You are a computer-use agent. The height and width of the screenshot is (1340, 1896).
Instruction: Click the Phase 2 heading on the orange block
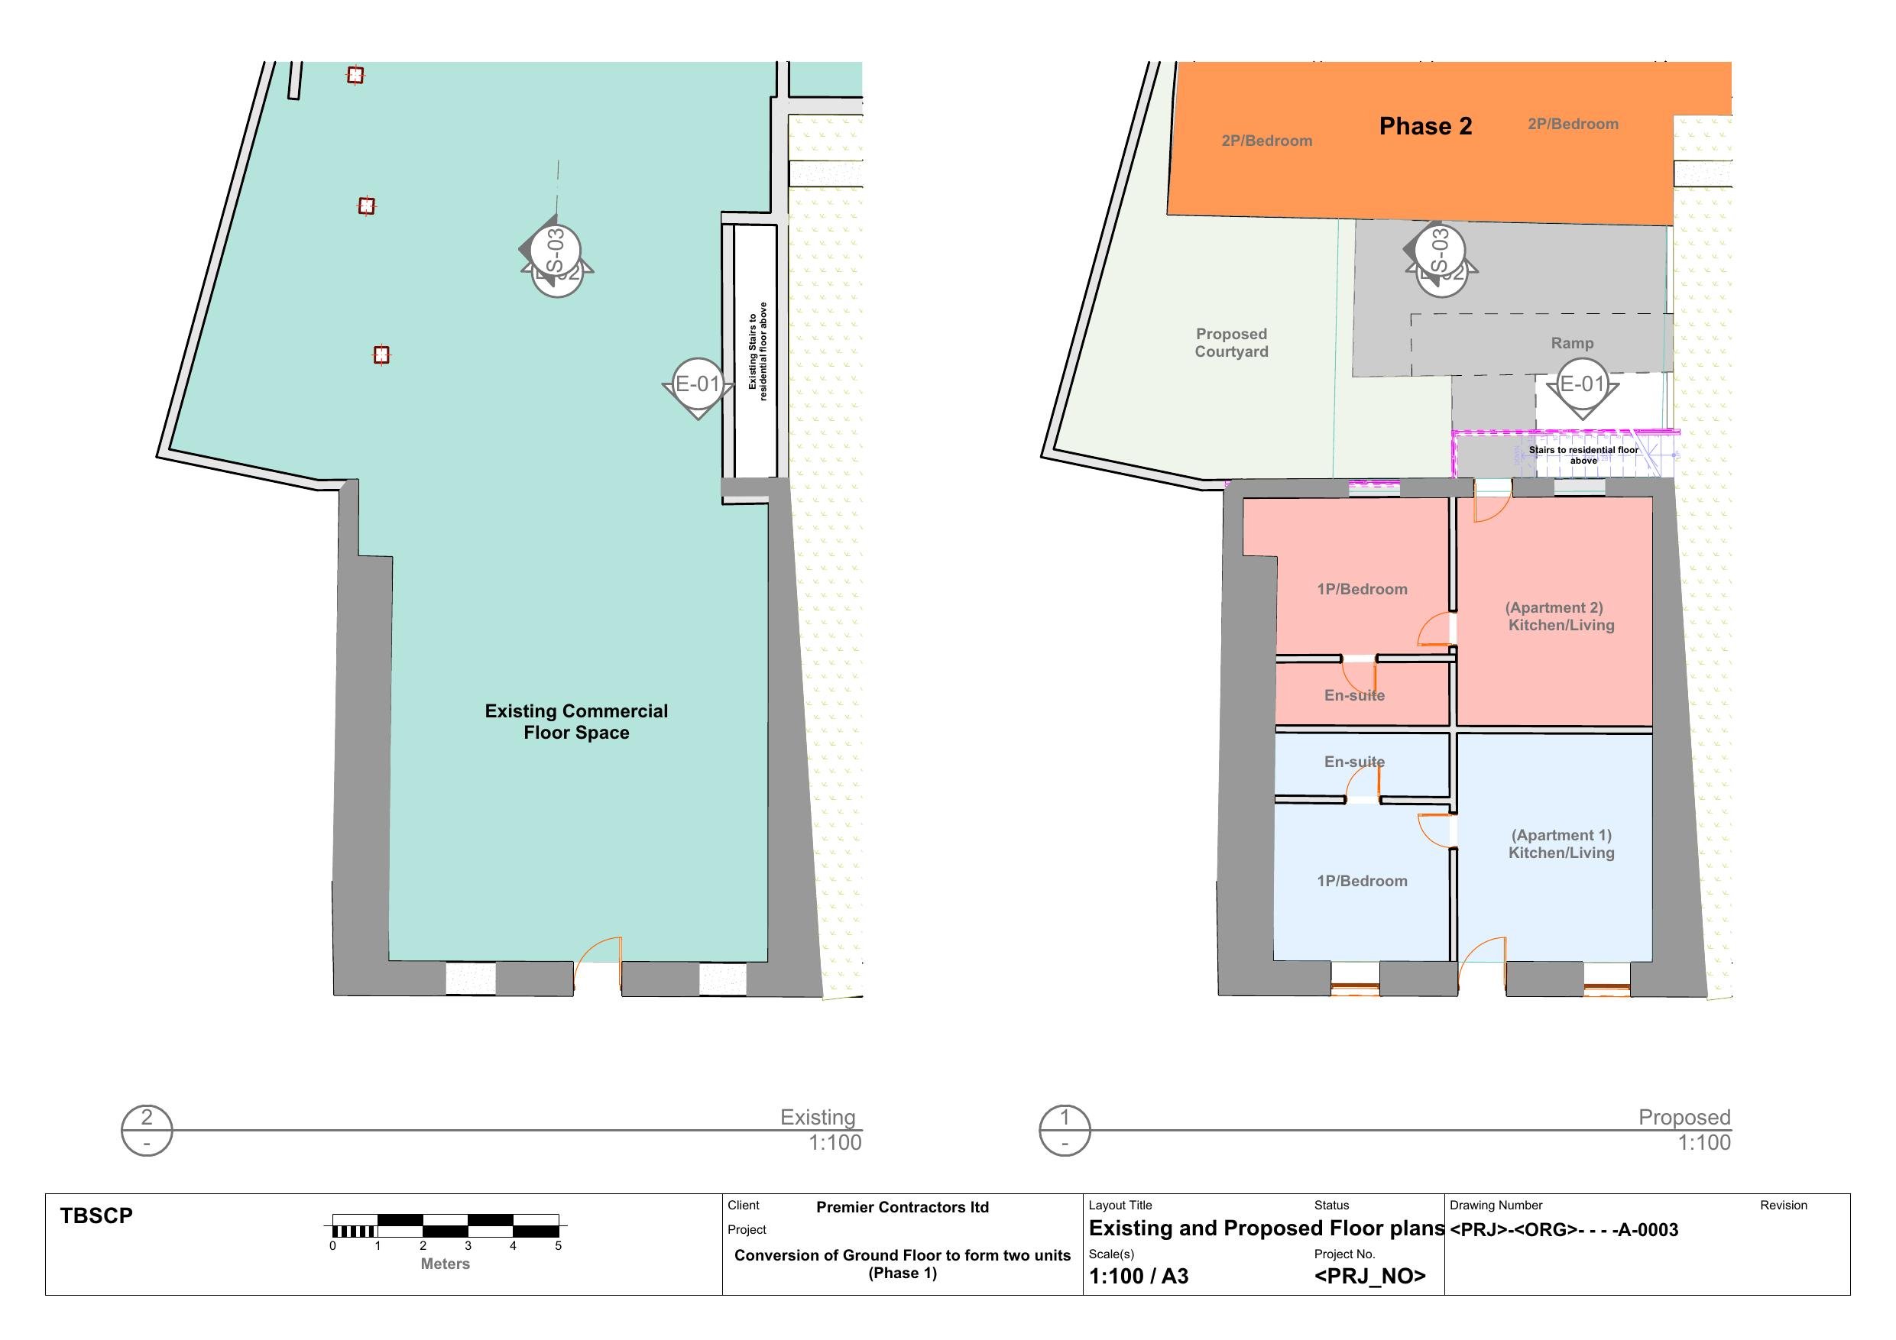(1425, 126)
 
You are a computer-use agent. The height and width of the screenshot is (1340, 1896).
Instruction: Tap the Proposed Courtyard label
(1231, 342)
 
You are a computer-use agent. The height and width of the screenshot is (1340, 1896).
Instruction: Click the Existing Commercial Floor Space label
(576, 722)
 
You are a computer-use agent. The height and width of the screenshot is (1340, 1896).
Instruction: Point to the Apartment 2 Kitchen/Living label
(1560, 617)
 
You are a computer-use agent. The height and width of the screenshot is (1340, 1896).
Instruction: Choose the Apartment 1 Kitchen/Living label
(1561, 843)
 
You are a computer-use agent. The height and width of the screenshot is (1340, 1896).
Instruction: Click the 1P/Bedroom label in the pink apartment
(1362, 589)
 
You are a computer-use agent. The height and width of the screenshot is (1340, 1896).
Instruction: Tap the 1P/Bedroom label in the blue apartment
(1362, 881)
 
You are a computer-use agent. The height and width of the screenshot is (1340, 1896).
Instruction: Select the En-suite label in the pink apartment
(1354, 695)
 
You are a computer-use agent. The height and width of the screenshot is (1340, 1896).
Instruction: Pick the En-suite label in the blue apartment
(1354, 761)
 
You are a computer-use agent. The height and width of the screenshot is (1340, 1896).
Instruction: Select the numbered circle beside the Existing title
(147, 1130)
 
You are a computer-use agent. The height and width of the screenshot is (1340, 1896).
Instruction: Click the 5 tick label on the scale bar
(558, 1246)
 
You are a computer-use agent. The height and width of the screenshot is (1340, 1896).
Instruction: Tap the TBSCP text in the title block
(96, 1216)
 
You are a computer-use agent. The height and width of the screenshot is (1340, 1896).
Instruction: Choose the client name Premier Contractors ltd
(903, 1207)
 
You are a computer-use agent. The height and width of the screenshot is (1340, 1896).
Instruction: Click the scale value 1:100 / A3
(1139, 1277)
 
